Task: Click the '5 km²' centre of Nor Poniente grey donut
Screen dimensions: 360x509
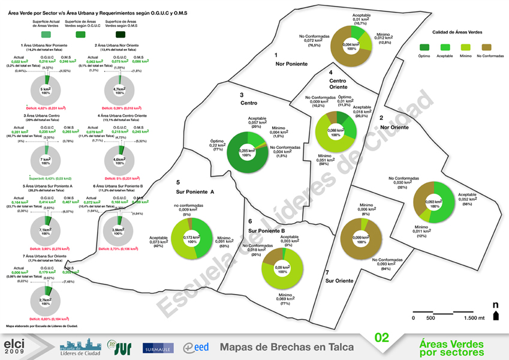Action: (45, 90)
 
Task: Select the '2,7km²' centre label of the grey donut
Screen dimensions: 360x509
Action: (45, 299)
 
